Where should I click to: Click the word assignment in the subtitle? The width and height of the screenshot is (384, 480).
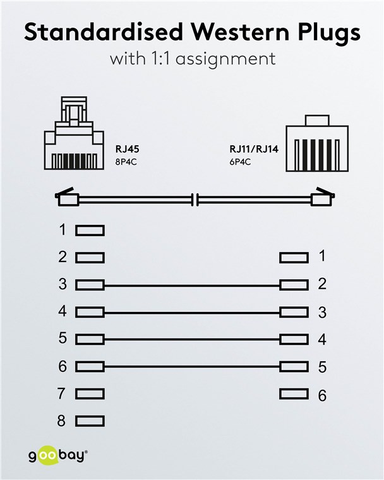click(x=225, y=59)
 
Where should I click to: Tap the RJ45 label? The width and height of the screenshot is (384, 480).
click(x=127, y=149)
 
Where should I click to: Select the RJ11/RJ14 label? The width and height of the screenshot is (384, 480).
click(x=254, y=149)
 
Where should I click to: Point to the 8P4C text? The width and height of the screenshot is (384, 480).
click(x=126, y=162)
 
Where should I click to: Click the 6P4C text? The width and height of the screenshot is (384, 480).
click(x=240, y=162)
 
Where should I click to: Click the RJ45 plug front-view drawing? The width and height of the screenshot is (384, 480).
click(x=74, y=133)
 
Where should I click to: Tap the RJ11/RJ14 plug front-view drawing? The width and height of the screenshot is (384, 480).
click(x=317, y=143)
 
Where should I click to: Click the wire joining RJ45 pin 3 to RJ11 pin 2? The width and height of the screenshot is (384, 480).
click(x=192, y=286)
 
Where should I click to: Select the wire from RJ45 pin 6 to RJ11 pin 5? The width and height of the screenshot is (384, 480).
click(x=192, y=366)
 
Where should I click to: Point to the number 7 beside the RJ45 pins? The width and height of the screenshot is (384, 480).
click(x=62, y=393)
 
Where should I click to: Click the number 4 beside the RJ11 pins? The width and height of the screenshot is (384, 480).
click(x=322, y=340)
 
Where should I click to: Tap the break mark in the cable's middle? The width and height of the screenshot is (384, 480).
click(x=195, y=200)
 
